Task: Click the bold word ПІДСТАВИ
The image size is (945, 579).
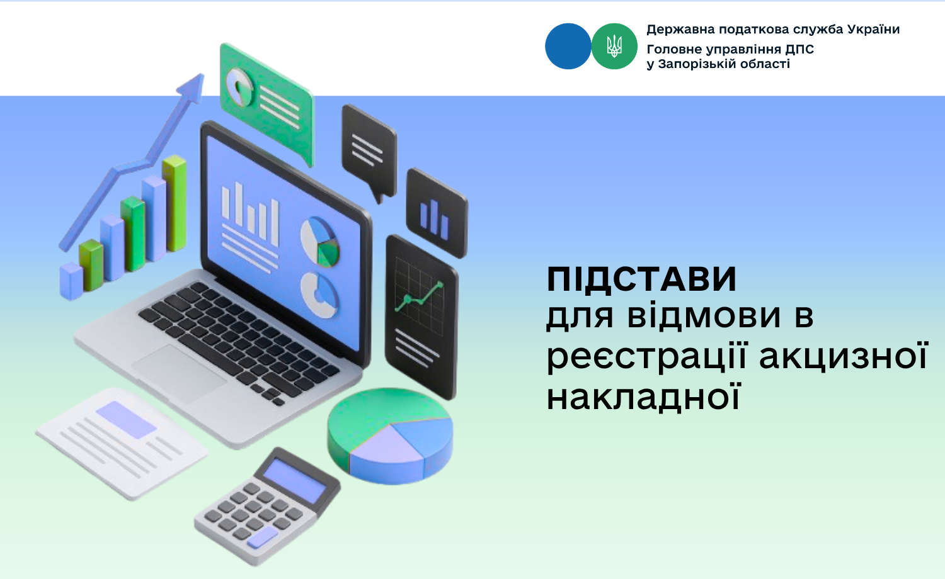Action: click(641, 279)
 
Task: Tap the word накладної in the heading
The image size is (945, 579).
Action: click(644, 396)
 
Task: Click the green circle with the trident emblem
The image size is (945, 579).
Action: click(614, 47)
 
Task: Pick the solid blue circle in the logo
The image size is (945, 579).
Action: click(568, 47)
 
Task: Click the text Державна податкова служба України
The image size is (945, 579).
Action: click(773, 30)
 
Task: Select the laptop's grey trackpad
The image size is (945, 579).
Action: click(180, 373)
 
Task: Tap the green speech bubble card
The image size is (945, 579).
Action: click(267, 103)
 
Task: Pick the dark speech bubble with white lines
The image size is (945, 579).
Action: click(369, 152)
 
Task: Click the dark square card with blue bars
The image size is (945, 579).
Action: click(437, 213)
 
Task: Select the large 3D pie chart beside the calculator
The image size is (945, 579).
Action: click(390, 436)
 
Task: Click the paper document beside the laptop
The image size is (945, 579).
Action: click(122, 443)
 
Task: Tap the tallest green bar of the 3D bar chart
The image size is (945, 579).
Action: click(175, 203)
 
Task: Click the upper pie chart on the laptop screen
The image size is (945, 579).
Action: click(320, 242)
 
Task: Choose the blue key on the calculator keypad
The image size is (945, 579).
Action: click(263, 537)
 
